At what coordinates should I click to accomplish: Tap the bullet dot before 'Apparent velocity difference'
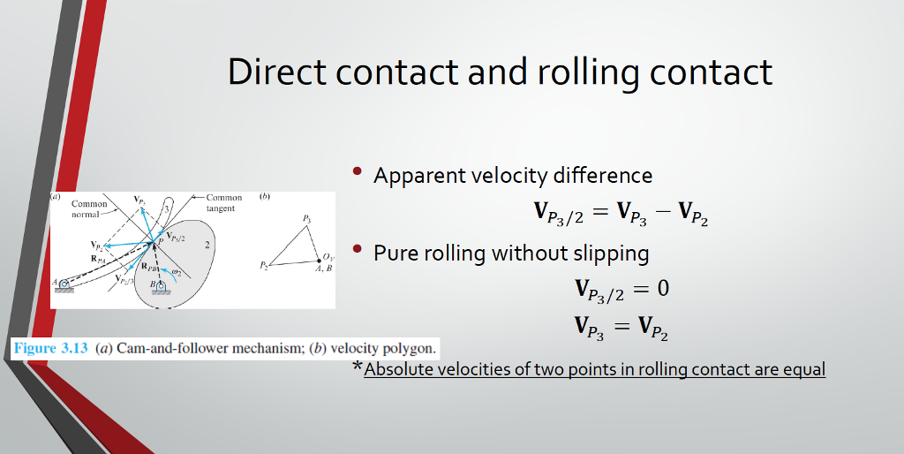357,170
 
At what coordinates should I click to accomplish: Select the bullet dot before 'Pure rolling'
357,248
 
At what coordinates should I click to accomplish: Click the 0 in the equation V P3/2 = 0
663,287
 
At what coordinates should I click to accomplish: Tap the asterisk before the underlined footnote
358,367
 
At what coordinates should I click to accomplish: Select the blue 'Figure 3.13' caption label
50,348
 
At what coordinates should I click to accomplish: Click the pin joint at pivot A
64,284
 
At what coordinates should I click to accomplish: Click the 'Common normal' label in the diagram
89,208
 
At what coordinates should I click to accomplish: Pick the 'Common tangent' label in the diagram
224,203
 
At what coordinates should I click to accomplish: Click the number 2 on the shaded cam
207,246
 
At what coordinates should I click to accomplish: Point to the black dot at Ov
319,261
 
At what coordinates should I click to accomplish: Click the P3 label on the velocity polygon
307,219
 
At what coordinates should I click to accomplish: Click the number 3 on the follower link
167,208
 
